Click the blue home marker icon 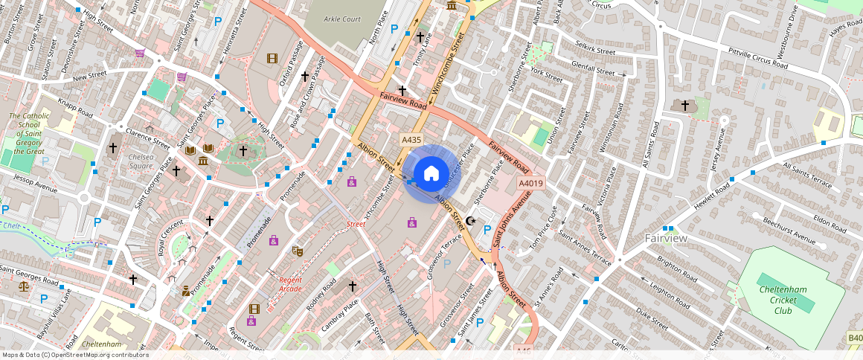click(431, 174)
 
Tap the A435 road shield click(411, 140)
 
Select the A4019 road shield click(531, 183)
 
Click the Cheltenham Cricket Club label click(787, 295)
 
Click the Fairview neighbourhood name click(666, 238)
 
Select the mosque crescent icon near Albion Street click(470, 221)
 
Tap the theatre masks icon click(298, 251)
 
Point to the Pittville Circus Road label click(751, 57)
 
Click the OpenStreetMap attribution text click(75, 355)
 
